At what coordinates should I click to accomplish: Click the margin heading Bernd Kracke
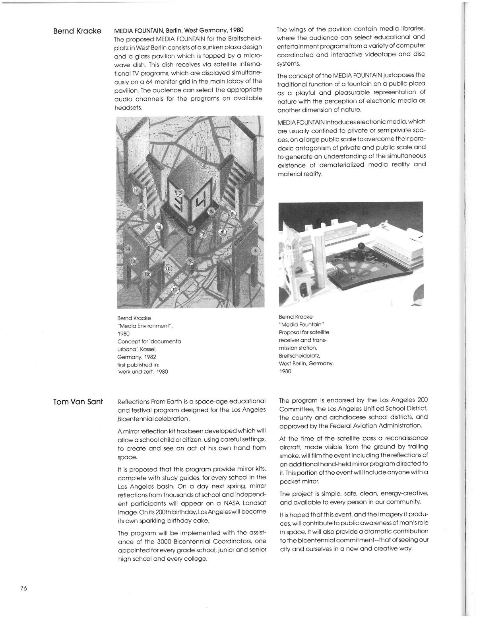77,31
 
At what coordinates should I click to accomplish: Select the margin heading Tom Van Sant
78,402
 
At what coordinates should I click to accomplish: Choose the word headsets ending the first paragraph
128,107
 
